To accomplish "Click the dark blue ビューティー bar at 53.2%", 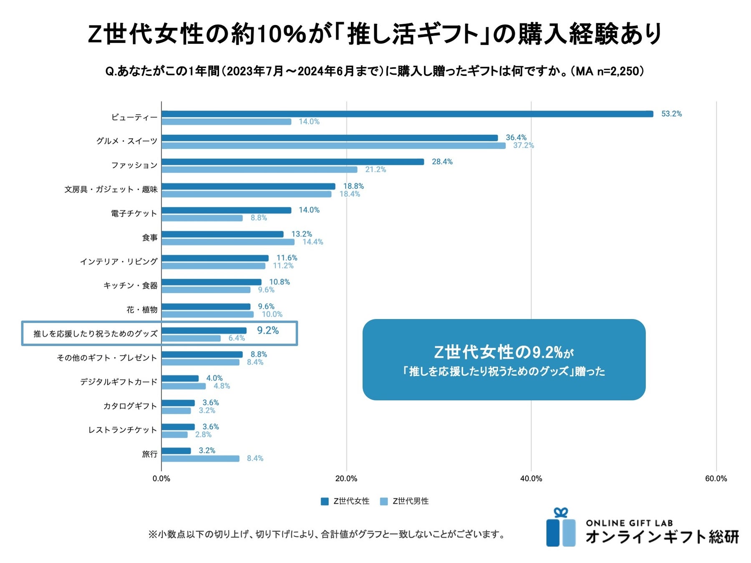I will click(407, 114).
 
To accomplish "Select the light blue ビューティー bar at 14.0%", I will click(226, 122).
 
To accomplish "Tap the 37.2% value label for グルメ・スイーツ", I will click(523, 146).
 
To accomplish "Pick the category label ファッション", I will click(134, 165).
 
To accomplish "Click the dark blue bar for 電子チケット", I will click(226, 210).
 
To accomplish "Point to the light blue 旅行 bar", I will click(200, 458).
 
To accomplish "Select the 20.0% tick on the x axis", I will click(346, 479).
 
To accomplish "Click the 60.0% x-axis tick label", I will click(716, 479).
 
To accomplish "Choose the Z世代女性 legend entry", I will click(345, 501).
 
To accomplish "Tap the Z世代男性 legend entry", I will click(405, 501).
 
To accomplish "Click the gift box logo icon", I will click(561, 528).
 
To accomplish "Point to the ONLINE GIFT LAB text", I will click(629, 523).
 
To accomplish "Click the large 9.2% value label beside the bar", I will click(267, 330).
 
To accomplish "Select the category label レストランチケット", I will click(122, 430).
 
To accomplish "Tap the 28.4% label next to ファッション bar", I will click(442, 162).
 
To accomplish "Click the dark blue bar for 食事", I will click(222, 234).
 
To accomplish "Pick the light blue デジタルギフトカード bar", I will click(184, 386).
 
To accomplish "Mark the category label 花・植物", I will click(142, 310).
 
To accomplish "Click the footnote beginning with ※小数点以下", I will click(326, 534).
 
